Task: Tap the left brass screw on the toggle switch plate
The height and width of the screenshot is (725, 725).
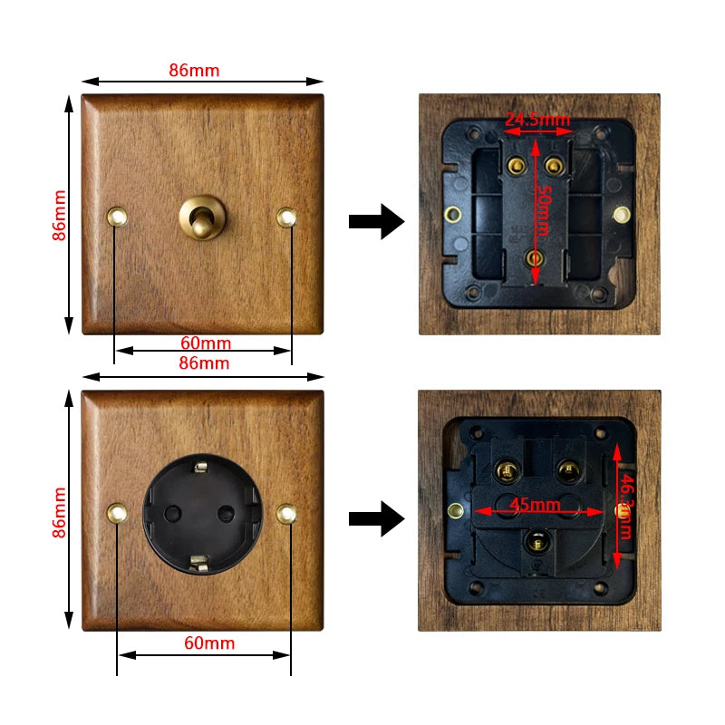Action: pyautogui.click(x=117, y=216)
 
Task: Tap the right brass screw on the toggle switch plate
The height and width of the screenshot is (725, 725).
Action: pyautogui.click(x=287, y=217)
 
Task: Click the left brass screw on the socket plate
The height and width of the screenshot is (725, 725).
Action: pyautogui.click(x=117, y=513)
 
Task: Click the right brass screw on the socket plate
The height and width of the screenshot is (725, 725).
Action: pyautogui.click(x=287, y=513)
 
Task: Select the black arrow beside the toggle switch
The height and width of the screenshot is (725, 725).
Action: pyautogui.click(x=376, y=221)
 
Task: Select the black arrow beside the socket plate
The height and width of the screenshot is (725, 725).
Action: pyautogui.click(x=376, y=518)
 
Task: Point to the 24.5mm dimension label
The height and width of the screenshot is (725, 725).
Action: pyautogui.click(x=537, y=120)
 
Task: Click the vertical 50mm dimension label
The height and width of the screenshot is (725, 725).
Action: pyautogui.click(x=541, y=208)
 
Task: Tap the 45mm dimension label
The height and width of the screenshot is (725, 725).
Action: pyautogui.click(x=534, y=505)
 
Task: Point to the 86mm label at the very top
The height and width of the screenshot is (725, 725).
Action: pyautogui.click(x=194, y=70)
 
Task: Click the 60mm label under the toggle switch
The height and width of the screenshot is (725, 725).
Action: pyautogui.click(x=206, y=343)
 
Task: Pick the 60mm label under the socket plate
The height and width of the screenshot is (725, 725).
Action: pyautogui.click(x=209, y=643)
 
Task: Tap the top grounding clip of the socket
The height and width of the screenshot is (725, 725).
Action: pyautogui.click(x=201, y=467)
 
